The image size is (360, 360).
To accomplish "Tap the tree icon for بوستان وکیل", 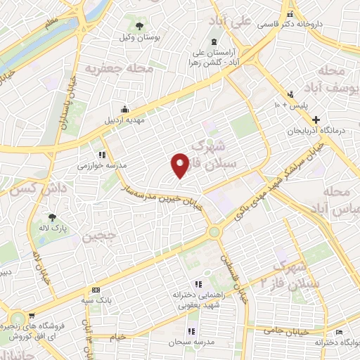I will [x=141, y=25].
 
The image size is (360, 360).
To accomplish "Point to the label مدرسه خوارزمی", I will [x=102, y=165].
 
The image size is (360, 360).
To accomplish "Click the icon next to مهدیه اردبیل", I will [x=124, y=109].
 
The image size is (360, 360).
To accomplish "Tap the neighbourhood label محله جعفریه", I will [x=110, y=69].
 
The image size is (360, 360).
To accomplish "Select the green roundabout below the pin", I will [x=213, y=232].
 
